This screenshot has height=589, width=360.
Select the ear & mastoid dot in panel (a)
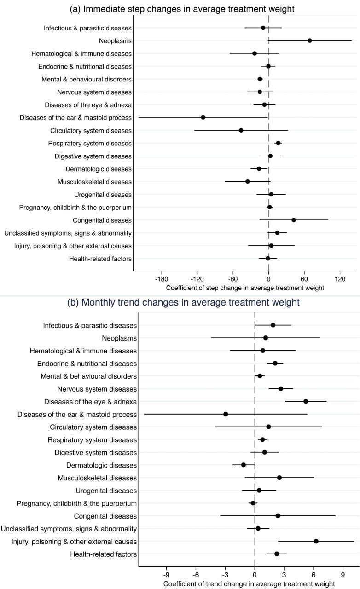click(203, 117)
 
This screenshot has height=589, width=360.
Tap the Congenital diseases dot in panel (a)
click(294, 220)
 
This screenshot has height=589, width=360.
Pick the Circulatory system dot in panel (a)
click(241, 130)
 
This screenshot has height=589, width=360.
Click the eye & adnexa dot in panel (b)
click(306, 401)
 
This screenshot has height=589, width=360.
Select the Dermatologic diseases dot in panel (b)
click(244, 465)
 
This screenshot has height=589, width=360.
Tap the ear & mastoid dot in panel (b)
click(226, 414)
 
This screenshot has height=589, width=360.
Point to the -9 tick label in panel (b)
click(167, 576)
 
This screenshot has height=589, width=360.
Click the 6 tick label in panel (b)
click(314, 576)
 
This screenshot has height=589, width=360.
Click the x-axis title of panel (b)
click(249, 584)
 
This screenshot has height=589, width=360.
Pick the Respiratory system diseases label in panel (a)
click(90, 143)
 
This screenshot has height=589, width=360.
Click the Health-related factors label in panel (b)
click(103, 554)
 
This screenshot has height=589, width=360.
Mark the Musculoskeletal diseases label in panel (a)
click(94, 182)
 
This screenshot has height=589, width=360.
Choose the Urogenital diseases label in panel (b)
click(106, 491)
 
